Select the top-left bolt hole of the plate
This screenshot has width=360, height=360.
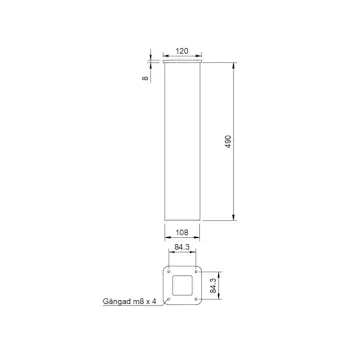pyautogui.click(x=169, y=273)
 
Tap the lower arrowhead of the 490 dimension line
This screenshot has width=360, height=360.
pyautogui.click(x=236, y=219)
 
